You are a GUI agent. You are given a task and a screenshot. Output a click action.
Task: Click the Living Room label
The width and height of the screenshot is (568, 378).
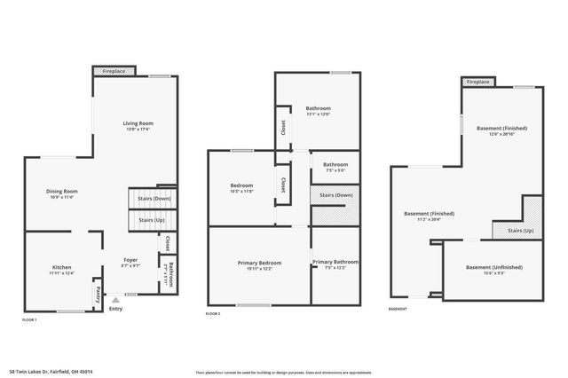[138, 123]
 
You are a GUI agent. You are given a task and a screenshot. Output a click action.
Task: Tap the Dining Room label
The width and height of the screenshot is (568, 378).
[63, 191]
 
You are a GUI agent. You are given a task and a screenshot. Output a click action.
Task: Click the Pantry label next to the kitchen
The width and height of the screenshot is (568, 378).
[97, 294]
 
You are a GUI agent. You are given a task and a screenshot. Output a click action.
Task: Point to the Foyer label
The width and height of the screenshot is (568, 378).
[130, 260]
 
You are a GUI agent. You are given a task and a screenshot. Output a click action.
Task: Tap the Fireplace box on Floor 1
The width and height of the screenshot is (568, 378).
[114, 70]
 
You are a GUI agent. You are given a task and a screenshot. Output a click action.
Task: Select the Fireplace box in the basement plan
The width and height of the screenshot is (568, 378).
[477, 82]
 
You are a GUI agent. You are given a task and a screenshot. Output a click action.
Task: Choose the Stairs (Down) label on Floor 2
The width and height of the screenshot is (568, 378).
[335, 194]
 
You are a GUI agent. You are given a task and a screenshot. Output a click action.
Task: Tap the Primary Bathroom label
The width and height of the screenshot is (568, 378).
[335, 262]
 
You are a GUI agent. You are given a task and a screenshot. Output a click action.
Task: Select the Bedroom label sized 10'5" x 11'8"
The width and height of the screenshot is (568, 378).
[241, 185]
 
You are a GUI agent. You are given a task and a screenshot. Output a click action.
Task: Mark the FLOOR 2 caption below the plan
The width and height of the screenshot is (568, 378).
[213, 314]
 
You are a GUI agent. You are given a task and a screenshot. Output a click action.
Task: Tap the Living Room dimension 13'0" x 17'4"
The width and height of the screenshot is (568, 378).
[138, 130]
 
